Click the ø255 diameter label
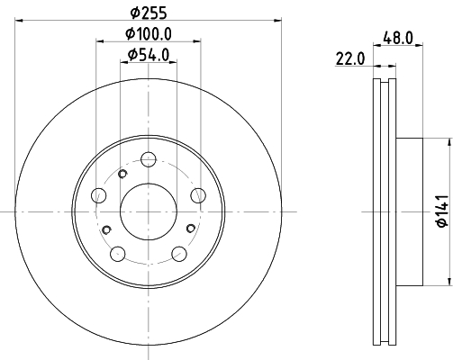[x=149, y=13]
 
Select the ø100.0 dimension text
[x=149, y=33]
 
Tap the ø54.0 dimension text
[x=149, y=55]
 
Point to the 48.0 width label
[x=398, y=38]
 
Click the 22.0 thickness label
[x=350, y=58]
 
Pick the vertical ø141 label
[x=443, y=211]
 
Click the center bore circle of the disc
[x=149, y=211]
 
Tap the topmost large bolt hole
[x=149, y=159]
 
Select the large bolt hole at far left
[x=98, y=195]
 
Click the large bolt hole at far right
[x=198, y=195]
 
